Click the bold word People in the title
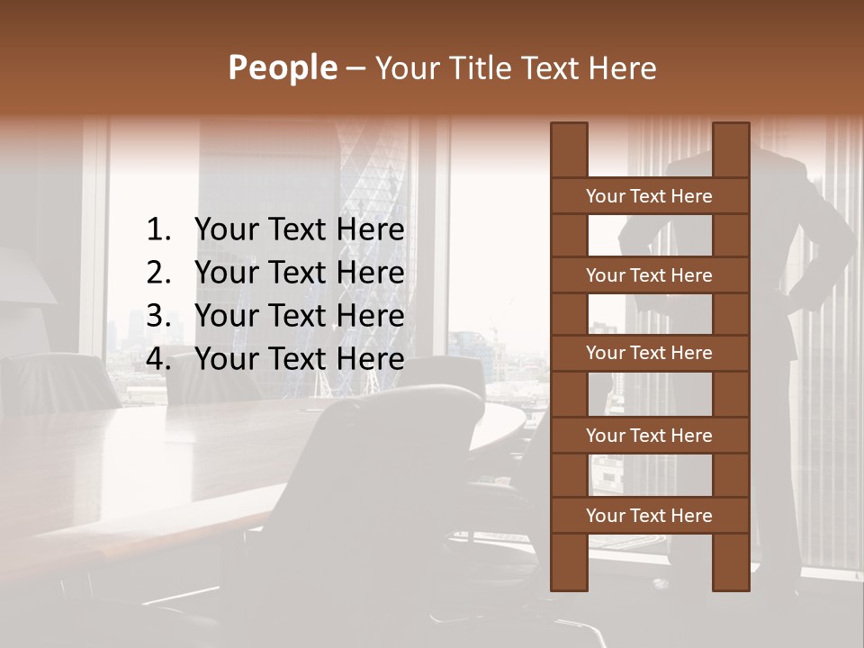tap(282, 67)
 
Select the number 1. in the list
tap(158, 230)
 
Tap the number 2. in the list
tap(158, 274)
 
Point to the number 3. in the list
tap(158, 317)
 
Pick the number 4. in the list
tap(158, 360)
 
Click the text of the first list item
tap(299, 230)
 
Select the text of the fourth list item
tap(299, 360)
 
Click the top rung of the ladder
tap(649, 196)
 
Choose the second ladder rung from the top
tap(649, 275)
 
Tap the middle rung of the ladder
tap(649, 353)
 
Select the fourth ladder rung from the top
tap(649, 436)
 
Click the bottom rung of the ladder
tap(649, 516)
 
